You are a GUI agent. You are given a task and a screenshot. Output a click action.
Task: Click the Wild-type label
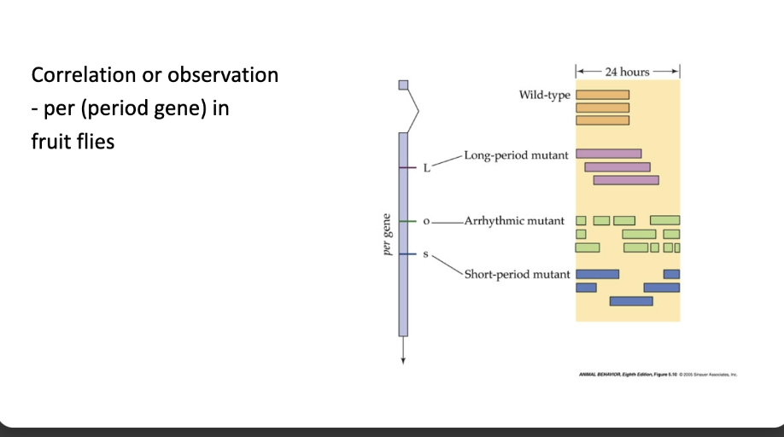pos(544,94)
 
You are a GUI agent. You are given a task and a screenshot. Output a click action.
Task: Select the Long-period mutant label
pos(517,155)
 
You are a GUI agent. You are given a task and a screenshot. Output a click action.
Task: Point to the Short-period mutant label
pos(517,274)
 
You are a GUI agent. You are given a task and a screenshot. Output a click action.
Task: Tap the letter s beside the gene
pos(426,253)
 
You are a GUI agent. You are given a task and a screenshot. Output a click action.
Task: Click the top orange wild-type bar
pos(602,95)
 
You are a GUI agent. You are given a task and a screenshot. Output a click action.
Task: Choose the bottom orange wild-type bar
pos(602,119)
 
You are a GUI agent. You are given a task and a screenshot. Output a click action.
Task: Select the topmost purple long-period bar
pos(608,154)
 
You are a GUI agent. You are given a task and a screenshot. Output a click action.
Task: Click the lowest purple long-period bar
pos(626,180)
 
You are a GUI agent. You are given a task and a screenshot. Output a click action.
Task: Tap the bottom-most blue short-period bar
pos(631,300)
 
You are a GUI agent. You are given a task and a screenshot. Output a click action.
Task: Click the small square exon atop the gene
pos(404,84)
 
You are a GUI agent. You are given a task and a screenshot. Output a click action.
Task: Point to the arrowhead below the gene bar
pos(404,358)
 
